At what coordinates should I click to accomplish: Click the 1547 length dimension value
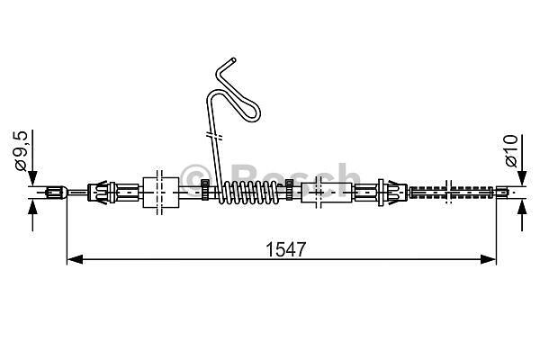pyautogui.click(x=286, y=249)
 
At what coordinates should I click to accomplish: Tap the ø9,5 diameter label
pyautogui.click(x=21, y=151)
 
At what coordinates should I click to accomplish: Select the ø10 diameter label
pyautogui.click(x=511, y=151)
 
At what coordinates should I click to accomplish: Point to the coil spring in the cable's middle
pyautogui.click(x=248, y=193)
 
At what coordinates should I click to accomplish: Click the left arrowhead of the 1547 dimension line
pyautogui.click(x=75, y=259)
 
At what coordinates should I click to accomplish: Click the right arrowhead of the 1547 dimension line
pyautogui.click(x=488, y=259)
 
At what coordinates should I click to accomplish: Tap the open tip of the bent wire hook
pyautogui.click(x=234, y=60)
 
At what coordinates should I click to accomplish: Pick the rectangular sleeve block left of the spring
pyautogui.click(x=161, y=193)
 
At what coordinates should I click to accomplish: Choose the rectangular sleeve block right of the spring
pyautogui.click(x=327, y=193)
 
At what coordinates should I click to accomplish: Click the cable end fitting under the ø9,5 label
pyautogui.click(x=56, y=192)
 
